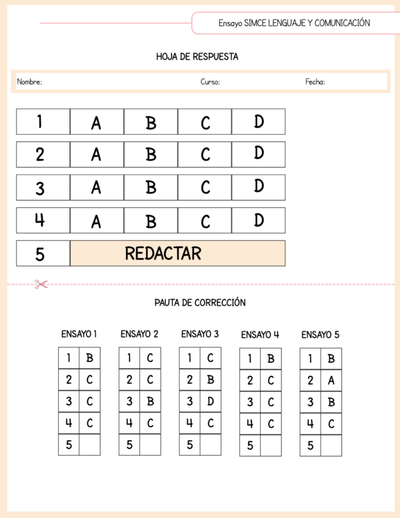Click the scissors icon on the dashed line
[x=41, y=285]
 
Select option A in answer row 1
[x=97, y=123]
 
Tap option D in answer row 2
[x=259, y=154]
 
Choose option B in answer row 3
[x=151, y=187]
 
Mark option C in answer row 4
[x=205, y=221]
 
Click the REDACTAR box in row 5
[x=177, y=253]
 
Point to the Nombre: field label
[x=29, y=82]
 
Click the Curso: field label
[x=210, y=82]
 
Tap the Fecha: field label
[x=315, y=82]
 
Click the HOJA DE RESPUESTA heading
[x=197, y=57]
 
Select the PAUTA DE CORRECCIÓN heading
[x=200, y=303]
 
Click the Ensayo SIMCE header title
[x=294, y=23]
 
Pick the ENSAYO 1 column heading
[x=79, y=334]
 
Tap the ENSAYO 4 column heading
[x=260, y=335]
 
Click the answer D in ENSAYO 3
[x=210, y=401]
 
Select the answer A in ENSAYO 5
[x=331, y=381]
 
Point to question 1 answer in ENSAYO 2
[x=150, y=358]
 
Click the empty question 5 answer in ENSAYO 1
[x=89, y=445]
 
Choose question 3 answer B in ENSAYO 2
[x=150, y=401]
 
